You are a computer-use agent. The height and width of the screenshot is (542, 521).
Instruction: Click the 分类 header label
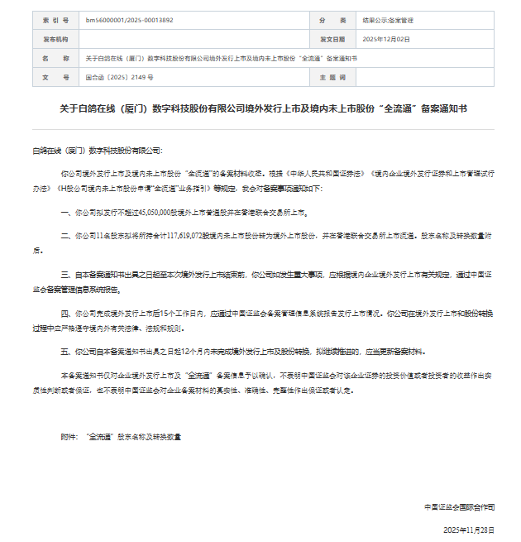coord(332,20)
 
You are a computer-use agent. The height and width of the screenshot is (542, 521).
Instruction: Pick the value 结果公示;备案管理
coord(389,20)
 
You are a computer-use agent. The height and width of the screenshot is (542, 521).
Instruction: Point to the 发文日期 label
coord(332,39)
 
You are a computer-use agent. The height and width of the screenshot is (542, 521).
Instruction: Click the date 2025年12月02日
coord(386,39)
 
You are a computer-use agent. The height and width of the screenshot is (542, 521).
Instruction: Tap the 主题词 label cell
coord(332,77)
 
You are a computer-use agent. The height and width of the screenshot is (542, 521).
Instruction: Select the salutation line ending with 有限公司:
coord(98,151)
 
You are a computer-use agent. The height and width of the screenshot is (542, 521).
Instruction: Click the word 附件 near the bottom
coord(69,435)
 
